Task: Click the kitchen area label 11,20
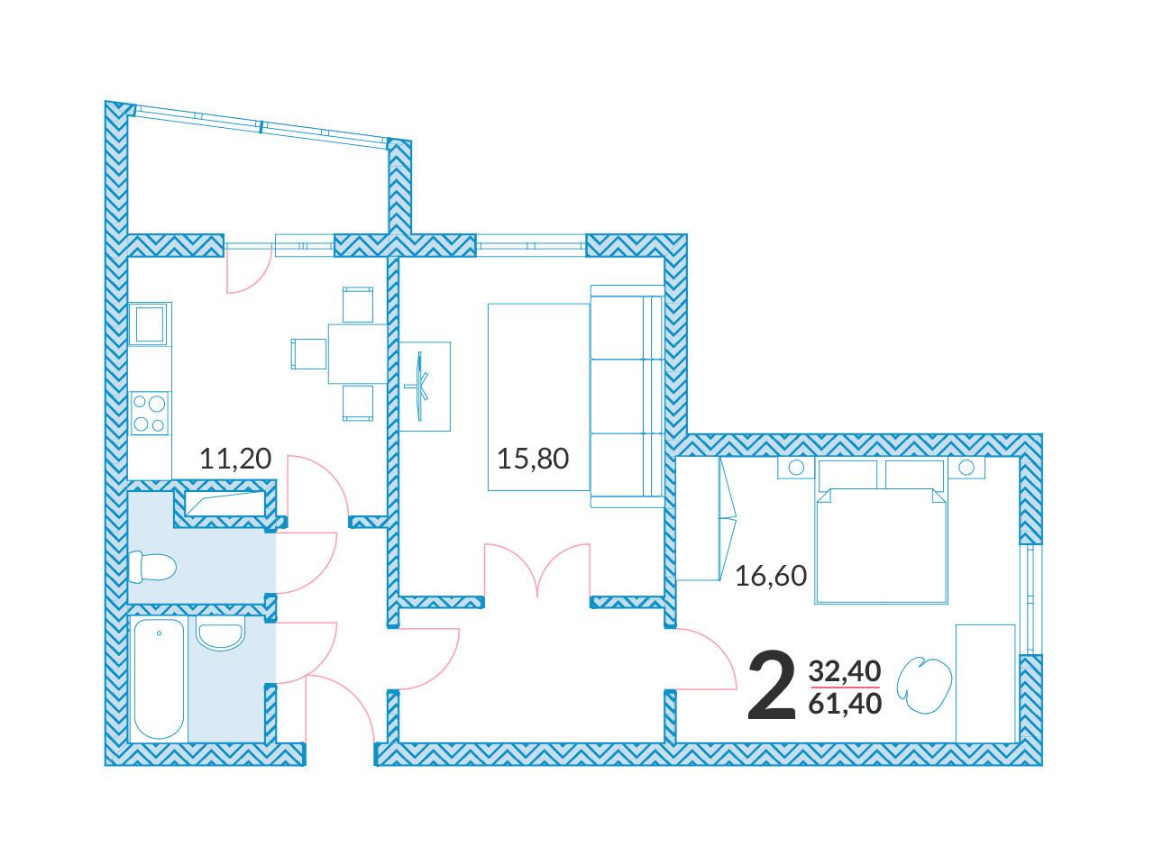(235, 459)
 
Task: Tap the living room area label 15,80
(533, 459)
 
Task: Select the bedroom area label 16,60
(771, 576)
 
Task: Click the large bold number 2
(771, 686)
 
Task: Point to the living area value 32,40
(845, 671)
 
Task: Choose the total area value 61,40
(845, 704)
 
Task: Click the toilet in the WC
(151, 568)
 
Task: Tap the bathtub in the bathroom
(159, 679)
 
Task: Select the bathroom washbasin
(220, 633)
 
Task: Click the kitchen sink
(150, 324)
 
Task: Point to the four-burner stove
(150, 413)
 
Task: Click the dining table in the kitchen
(358, 354)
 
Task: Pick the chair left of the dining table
(309, 354)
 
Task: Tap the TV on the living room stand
(420, 386)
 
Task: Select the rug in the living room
(538, 397)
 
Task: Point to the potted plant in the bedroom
(924, 684)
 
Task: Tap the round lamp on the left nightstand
(796, 468)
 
